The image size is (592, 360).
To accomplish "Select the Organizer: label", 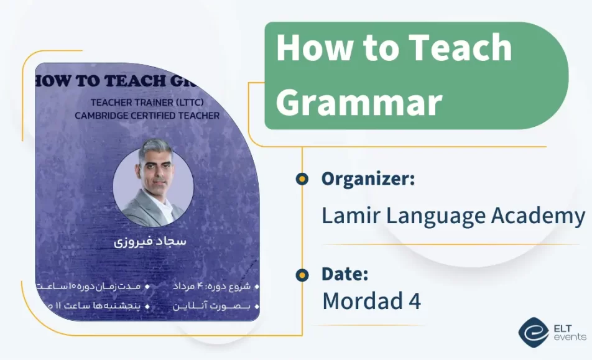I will (368, 179).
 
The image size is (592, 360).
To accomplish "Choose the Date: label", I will (345, 274).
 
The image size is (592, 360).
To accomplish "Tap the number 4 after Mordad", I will (415, 301).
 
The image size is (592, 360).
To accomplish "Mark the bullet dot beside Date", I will (302, 275).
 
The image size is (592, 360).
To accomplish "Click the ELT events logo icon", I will (534, 333).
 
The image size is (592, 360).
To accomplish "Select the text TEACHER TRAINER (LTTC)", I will (147, 103).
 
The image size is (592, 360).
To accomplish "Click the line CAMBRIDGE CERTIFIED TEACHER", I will (147, 115).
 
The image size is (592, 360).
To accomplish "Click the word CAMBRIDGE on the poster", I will (101, 115).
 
